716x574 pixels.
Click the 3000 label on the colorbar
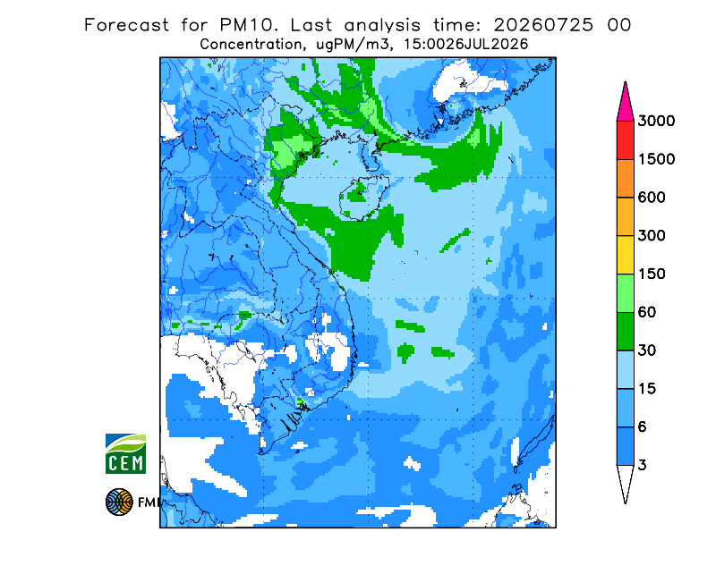[656, 121]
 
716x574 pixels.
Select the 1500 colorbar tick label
[656, 159]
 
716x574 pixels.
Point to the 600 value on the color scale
[652, 198]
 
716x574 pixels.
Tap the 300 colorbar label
[652, 236]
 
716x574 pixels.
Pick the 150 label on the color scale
[652, 274]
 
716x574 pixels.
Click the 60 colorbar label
[647, 313]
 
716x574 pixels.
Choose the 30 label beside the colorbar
[647, 350]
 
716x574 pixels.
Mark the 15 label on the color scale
[647, 389]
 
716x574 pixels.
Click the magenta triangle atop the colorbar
[625, 105]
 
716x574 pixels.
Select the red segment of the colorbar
[625, 140]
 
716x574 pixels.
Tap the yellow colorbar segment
[625, 255]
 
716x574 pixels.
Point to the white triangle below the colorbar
[625, 479]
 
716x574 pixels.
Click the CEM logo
[125, 453]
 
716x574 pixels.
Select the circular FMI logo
[119, 502]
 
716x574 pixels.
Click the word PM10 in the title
[248, 25]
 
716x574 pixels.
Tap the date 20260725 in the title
[543, 25]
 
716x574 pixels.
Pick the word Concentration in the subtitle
[251, 45]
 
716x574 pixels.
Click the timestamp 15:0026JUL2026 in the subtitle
[460, 45]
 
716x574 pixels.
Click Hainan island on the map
[364, 197]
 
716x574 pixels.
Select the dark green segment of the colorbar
[625, 332]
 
